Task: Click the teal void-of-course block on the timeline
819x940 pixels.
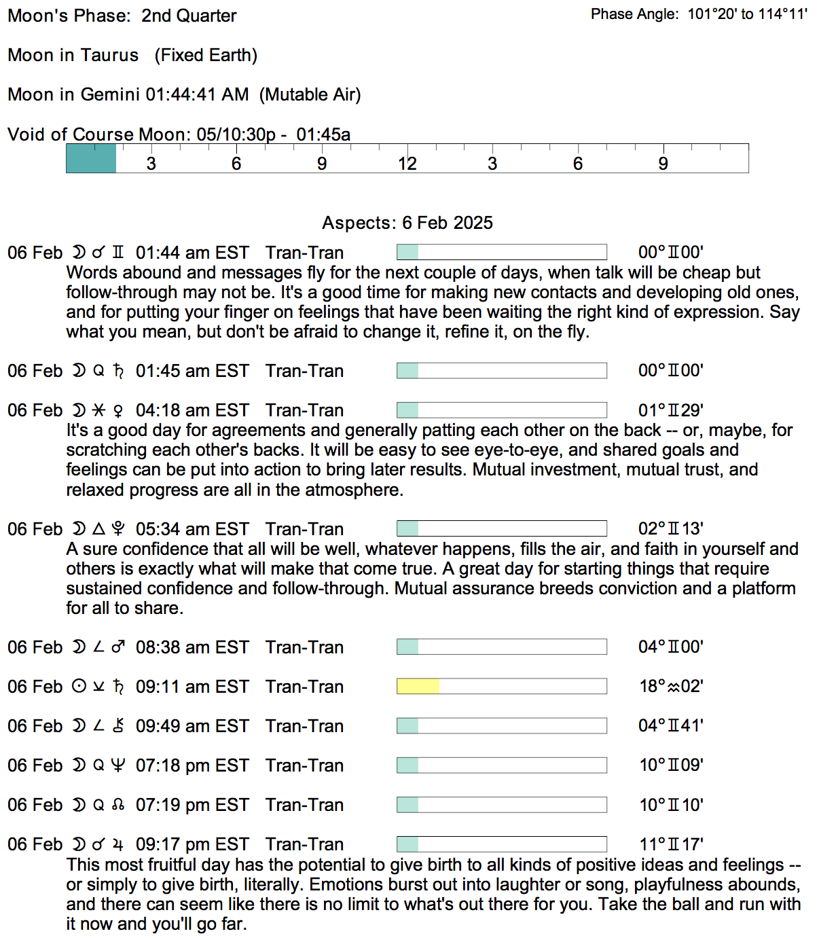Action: point(91,158)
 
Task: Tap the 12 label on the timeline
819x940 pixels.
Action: point(407,164)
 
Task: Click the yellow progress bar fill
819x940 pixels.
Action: point(418,687)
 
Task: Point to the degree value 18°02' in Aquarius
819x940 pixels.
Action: point(671,687)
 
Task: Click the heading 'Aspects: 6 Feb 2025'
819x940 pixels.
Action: point(407,223)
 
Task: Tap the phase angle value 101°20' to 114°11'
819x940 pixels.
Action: point(747,14)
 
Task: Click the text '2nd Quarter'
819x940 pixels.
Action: point(189,16)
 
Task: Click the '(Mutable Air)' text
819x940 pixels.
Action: point(310,94)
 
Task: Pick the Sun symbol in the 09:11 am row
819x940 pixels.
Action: point(79,687)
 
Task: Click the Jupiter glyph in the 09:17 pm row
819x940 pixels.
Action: point(118,845)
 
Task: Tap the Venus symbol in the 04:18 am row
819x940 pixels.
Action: point(118,411)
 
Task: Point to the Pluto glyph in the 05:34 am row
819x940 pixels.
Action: point(118,529)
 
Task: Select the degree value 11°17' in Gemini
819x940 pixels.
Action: point(671,845)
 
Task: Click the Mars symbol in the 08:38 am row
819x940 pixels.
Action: point(118,647)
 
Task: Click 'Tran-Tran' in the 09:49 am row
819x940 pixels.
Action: point(304,727)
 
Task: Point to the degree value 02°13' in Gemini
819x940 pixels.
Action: point(671,529)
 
